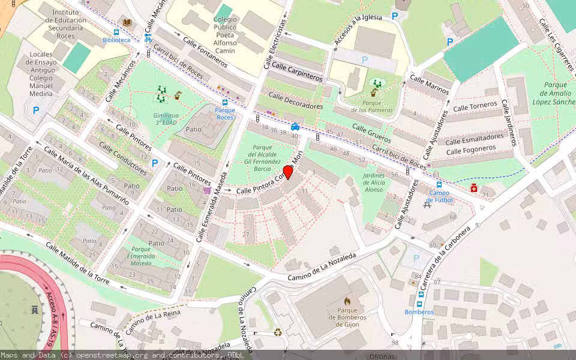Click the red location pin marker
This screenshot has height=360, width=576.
point(287,172)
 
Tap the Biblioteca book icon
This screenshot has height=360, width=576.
point(127,23)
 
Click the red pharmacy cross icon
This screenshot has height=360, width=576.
point(474,188)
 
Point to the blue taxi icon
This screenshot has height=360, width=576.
point(295,127)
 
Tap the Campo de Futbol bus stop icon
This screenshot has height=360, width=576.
point(439,185)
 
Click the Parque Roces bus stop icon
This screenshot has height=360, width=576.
point(225,103)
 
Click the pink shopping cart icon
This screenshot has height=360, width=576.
point(207,190)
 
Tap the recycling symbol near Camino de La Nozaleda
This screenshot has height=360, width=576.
point(278,332)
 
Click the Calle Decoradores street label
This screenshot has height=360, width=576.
point(296,101)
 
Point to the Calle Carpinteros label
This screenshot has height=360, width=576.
point(297,72)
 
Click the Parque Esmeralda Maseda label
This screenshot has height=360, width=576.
point(141,256)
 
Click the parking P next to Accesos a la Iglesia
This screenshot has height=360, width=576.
point(394,16)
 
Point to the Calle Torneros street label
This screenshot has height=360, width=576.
point(476,106)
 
